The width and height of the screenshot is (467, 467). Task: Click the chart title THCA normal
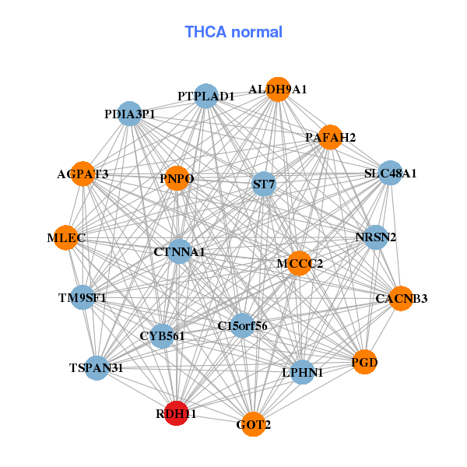(x=233, y=32)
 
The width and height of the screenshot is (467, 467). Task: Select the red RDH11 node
(x=176, y=414)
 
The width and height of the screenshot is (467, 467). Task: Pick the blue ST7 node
(x=264, y=184)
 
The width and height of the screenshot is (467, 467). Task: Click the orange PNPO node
(x=177, y=179)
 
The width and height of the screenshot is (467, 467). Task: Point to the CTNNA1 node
(x=179, y=251)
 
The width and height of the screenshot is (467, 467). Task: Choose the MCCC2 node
(x=299, y=263)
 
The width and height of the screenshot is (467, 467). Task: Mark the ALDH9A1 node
(x=278, y=90)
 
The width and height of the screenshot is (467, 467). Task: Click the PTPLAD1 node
(x=205, y=97)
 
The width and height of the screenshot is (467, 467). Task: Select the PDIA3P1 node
(x=129, y=114)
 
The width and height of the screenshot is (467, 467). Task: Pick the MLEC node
(x=66, y=237)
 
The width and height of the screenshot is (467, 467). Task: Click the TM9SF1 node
(x=82, y=297)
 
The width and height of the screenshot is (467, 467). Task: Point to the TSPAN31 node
(x=96, y=367)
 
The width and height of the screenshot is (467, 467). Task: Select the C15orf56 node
(x=243, y=325)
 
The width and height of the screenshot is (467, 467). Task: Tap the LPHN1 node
(x=302, y=372)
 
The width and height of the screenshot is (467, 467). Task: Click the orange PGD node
(x=364, y=361)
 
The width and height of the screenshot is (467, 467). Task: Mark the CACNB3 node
(x=402, y=298)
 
